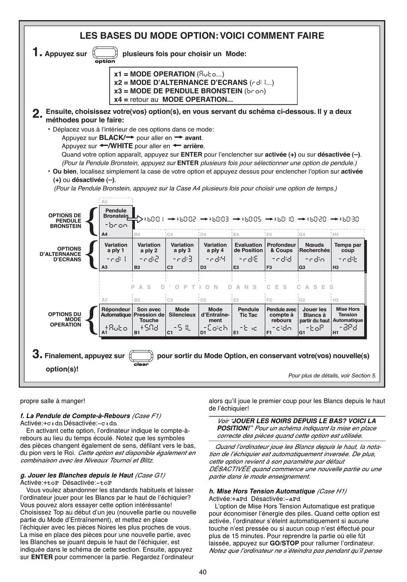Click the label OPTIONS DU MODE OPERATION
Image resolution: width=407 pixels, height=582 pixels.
pyautogui.click(x=65, y=320)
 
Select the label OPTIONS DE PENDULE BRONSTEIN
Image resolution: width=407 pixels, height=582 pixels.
pyautogui.click(x=65, y=221)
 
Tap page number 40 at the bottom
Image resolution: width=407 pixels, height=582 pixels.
pyautogui.click(x=203, y=572)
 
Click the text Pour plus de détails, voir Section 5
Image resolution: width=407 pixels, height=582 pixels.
pyautogui.click(x=332, y=376)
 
